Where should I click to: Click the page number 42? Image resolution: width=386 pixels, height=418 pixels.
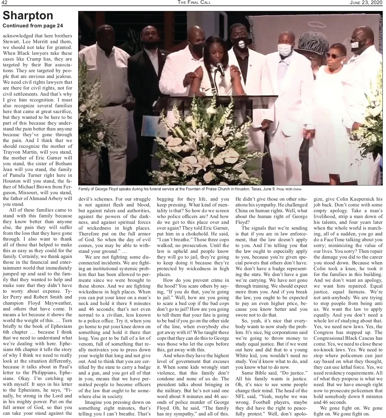pyautogui.click(x=5, y=3)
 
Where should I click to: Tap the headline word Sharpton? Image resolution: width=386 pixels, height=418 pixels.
pyautogui.click(x=28, y=15)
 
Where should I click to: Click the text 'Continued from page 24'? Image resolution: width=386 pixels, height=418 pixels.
pyautogui.click(x=33, y=26)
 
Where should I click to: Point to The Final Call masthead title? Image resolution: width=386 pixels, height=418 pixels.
pyautogui.click(x=194, y=3)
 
